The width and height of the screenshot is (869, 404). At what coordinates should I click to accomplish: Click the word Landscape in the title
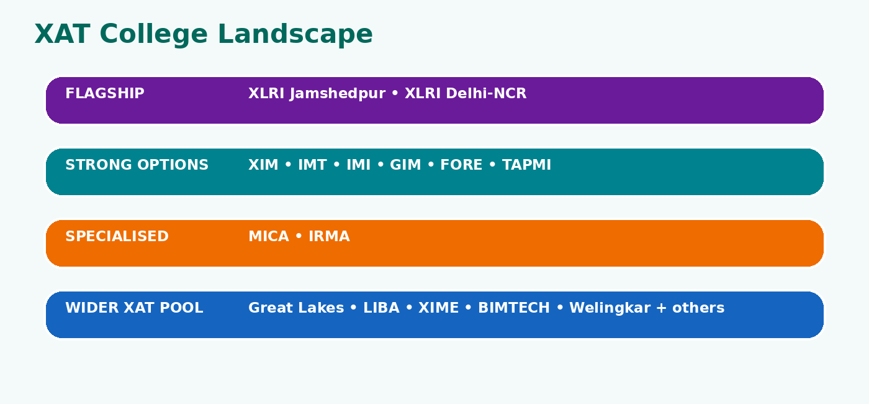coord(295,34)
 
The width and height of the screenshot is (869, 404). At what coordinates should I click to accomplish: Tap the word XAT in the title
coord(63,34)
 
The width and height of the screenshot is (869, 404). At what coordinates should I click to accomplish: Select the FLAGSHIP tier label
coord(105,93)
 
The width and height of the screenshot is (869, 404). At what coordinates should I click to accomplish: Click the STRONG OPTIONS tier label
coord(137,165)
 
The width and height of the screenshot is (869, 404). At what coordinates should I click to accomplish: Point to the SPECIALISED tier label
coord(117,236)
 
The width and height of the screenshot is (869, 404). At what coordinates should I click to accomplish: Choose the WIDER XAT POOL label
coord(134,308)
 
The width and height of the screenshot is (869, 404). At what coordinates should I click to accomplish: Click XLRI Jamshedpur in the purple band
coord(317,94)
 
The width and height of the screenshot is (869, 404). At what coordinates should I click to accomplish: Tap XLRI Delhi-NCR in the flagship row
coord(466,93)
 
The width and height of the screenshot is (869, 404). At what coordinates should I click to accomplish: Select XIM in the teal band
coord(263,165)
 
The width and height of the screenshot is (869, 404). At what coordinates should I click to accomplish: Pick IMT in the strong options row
coord(312,165)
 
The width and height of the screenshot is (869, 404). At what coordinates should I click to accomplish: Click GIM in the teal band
coord(405,165)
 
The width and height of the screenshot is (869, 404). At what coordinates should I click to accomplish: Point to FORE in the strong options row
coord(461,165)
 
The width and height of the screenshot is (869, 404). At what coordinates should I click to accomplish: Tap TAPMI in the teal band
coord(526,165)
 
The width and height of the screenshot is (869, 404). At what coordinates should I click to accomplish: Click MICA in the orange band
coord(269,236)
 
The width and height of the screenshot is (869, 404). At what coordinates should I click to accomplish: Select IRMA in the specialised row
coord(329,236)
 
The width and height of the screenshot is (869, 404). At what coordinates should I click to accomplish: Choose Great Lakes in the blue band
coord(297,308)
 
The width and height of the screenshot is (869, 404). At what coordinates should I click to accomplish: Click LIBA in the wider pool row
coord(381,308)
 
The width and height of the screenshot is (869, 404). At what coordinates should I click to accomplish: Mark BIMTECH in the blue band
coord(514,308)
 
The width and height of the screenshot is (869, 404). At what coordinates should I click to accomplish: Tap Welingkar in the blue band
coord(610,308)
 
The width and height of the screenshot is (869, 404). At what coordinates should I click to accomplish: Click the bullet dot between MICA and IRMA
coord(299,237)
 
